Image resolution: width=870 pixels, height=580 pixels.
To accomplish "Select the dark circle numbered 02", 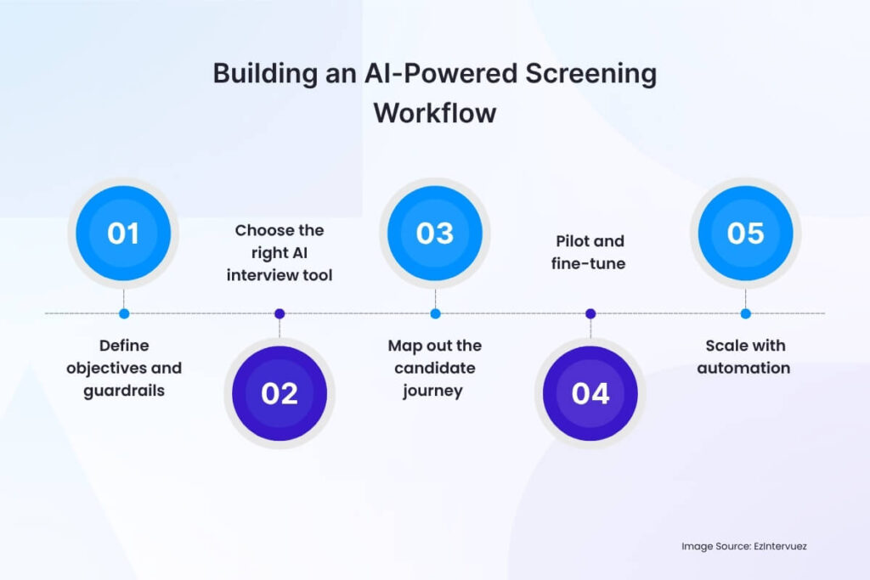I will [280, 393].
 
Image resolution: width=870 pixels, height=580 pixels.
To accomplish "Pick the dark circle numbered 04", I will [590, 393].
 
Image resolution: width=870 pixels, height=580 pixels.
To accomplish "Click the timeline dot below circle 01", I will [124, 313].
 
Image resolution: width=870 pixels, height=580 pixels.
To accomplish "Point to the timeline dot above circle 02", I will [280, 313].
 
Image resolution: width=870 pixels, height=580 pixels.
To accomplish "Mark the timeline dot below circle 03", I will [435, 313].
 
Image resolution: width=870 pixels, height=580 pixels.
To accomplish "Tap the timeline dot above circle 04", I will [590, 313].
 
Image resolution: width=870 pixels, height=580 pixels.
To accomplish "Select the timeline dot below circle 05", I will [746, 313].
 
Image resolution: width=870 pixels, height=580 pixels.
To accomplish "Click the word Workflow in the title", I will [435, 112].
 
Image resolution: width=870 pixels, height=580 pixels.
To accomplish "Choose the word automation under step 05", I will [746, 369].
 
